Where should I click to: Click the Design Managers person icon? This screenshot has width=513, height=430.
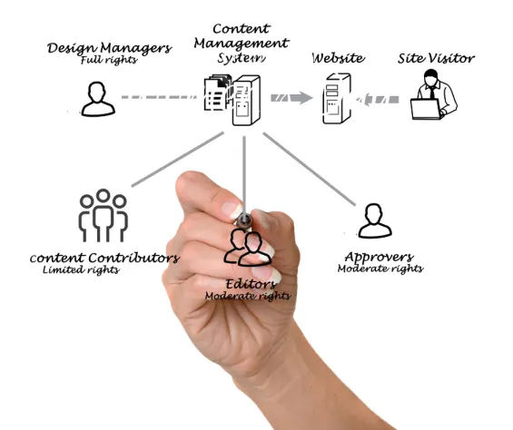[x=98, y=99]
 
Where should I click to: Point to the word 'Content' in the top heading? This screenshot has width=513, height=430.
[x=242, y=29]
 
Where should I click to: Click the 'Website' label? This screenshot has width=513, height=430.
[x=338, y=58]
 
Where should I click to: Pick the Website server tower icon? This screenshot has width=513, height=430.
[x=335, y=100]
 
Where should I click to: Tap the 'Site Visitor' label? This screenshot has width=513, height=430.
[x=436, y=58]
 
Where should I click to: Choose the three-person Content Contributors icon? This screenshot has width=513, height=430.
[x=103, y=215]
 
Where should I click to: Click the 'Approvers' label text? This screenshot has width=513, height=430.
[x=379, y=257]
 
